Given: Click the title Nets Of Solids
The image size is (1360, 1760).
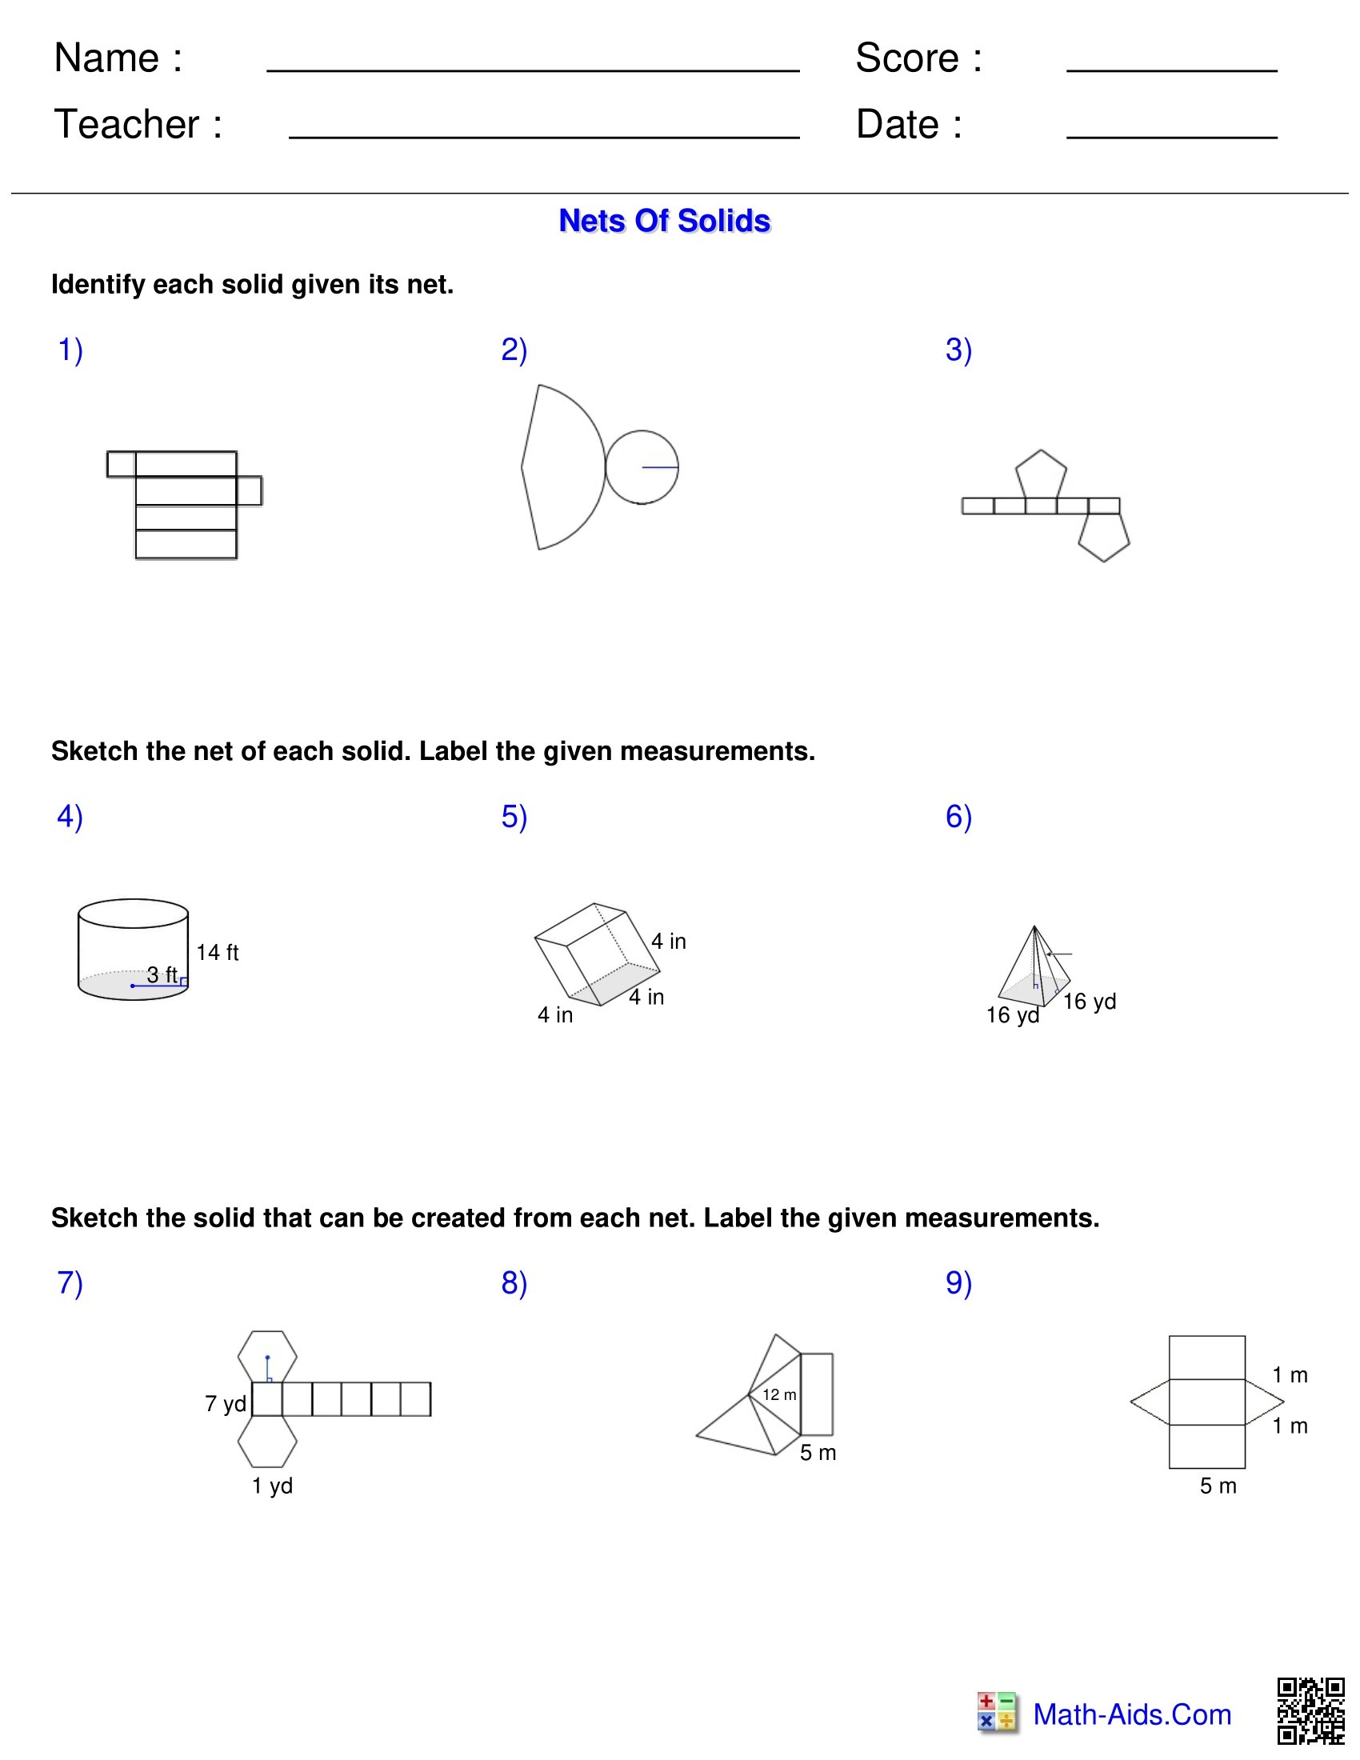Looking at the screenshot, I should click(664, 221).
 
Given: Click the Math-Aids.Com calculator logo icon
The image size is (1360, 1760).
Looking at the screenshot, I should click(997, 1711).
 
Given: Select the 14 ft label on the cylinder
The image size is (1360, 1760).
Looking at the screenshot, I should click(218, 953).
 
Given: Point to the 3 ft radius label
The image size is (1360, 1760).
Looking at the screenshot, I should click(162, 974).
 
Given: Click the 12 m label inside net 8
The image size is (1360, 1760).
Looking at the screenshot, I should click(779, 1395).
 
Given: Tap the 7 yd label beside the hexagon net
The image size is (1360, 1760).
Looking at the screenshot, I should click(226, 1404).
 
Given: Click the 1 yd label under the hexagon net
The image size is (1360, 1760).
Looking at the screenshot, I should click(271, 1486).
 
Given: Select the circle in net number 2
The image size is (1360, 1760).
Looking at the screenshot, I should click(642, 466).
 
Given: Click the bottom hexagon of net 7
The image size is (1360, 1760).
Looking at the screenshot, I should click(267, 1442).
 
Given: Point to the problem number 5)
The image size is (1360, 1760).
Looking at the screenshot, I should click(514, 816).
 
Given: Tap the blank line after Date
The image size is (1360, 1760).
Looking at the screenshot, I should click(1171, 136).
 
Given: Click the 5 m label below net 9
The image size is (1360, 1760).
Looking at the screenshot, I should click(1218, 1486).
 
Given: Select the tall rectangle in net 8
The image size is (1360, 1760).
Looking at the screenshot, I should click(816, 1394).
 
